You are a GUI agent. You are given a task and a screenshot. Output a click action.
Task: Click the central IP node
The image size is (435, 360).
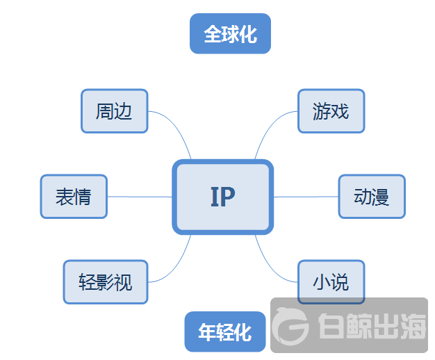[x=222, y=197]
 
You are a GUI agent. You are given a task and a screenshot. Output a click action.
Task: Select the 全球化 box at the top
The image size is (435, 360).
[x=230, y=34]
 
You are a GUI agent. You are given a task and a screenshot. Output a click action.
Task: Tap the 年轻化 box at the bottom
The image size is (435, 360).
[x=225, y=332]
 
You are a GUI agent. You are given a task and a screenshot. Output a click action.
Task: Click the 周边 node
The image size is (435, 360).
[x=114, y=111]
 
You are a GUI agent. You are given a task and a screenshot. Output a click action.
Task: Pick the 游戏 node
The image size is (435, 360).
[x=331, y=111]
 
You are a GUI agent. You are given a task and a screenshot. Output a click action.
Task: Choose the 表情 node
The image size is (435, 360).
[x=74, y=197]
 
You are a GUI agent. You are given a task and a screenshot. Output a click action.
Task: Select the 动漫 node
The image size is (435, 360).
[x=371, y=197]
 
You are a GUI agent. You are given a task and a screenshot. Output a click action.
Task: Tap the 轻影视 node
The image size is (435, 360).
[x=106, y=282]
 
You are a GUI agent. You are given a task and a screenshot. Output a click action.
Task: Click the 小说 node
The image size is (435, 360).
[x=331, y=282]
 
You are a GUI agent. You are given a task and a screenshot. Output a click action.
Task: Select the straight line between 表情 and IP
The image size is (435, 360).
[x=139, y=197]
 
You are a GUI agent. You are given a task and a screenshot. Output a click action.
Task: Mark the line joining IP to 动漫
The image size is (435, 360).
[x=306, y=197]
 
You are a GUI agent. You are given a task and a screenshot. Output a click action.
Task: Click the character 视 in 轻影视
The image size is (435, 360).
[x=123, y=282]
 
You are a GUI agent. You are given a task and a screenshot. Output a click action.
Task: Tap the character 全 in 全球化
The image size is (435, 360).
[x=212, y=34]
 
